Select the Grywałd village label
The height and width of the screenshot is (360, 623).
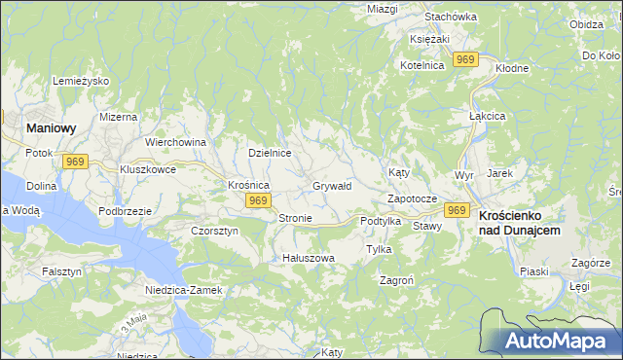[332, 185]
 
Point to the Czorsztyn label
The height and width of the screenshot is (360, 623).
[214, 231]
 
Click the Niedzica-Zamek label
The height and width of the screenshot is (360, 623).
[184, 290]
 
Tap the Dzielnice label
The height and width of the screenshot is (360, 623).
[270, 153]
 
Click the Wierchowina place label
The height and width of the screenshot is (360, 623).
[175, 142]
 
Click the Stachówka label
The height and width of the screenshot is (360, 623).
[451, 17]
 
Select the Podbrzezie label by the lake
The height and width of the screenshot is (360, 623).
[125, 211]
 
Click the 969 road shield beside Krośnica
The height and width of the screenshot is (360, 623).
[257, 200]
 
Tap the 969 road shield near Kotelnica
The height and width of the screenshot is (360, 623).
[466, 60]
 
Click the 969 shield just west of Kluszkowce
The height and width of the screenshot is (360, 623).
[75, 161]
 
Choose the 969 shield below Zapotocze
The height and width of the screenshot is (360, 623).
[457, 209]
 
